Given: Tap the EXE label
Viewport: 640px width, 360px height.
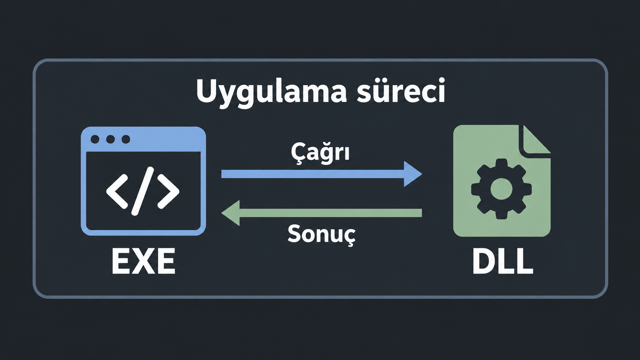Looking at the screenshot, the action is point(143,261).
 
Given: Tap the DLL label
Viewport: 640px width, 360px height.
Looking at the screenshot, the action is point(503,261).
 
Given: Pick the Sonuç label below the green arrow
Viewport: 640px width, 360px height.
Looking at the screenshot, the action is point(322,235).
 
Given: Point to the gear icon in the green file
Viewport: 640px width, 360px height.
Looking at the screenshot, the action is point(501,189).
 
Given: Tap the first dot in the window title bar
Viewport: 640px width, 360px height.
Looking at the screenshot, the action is point(95,139).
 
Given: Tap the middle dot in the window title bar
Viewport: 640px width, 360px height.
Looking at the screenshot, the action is point(110,139).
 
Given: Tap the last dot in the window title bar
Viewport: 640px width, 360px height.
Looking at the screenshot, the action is point(126,139).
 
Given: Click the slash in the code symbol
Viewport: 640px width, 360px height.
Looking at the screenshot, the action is point(142,191).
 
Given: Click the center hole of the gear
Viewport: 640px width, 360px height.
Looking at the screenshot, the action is point(501,189).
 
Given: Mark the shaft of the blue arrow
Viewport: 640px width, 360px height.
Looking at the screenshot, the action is point(313,174).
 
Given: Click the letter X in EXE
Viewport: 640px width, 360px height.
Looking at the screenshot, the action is point(143,261).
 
